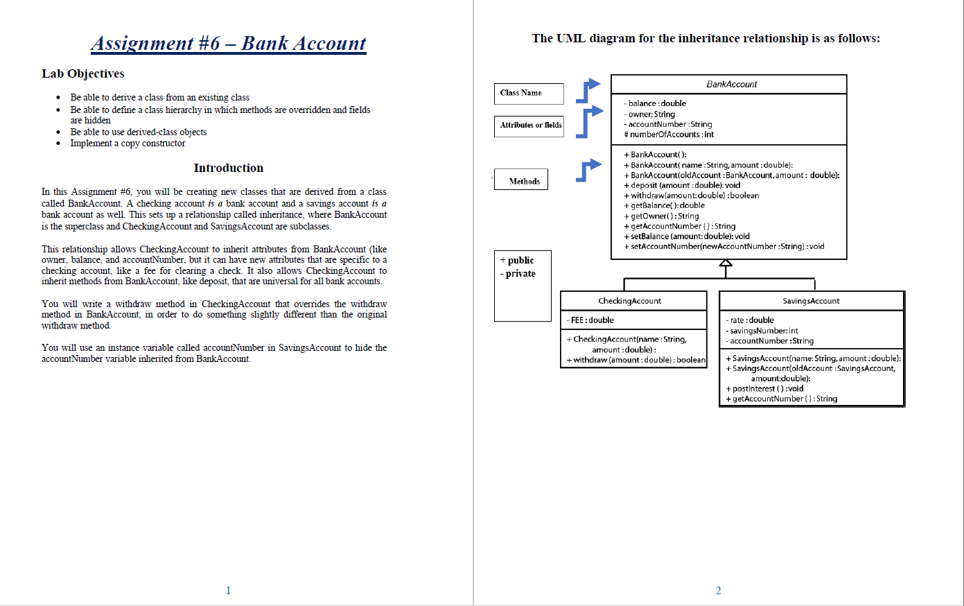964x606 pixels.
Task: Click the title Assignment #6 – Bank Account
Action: click(229, 44)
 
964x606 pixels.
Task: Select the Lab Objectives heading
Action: click(83, 74)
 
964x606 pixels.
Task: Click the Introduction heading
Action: click(228, 168)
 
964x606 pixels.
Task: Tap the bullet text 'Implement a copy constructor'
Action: click(128, 144)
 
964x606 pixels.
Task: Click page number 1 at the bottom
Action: click(228, 591)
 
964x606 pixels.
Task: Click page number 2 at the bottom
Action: click(718, 591)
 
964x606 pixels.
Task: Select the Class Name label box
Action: click(528, 93)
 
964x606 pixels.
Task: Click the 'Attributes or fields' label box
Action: click(529, 125)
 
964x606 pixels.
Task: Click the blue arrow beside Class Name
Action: click(588, 90)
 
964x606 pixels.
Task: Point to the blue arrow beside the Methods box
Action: click(588, 170)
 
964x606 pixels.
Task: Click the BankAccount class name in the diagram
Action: click(731, 85)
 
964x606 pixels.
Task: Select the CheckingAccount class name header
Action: click(629, 301)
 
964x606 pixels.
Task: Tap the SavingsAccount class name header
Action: click(811, 301)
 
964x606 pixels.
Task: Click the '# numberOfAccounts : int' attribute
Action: click(669, 135)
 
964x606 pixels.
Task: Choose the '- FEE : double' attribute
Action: click(590, 320)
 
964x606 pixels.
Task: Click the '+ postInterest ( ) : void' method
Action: click(764, 389)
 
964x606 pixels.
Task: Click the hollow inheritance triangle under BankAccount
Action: click(726, 263)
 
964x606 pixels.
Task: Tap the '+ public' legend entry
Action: click(517, 261)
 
